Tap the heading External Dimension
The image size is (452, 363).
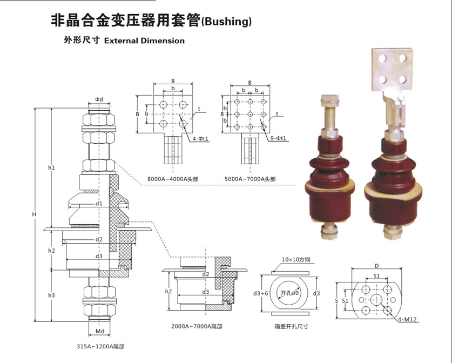click(144, 41)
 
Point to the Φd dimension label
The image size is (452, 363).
click(99, 99)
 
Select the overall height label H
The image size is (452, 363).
click(33, 215)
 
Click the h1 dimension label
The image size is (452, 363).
click(51, 168)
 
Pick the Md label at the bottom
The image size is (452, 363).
click(99, 331)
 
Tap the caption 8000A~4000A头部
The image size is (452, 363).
click(169, 179)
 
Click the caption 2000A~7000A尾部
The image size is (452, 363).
click(197, 326)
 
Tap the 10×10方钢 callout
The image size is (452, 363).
click(294, 260)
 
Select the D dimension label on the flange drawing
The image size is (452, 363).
click(377, 266)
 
